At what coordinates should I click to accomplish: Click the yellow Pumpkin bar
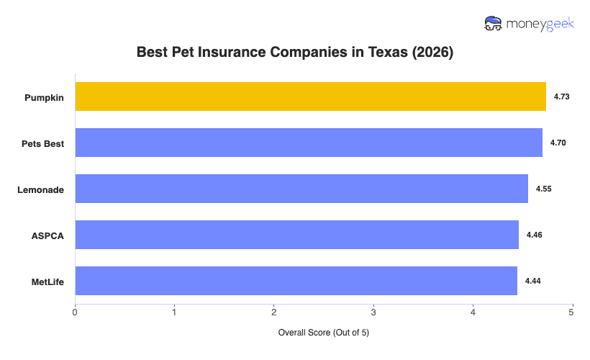click(310, 96)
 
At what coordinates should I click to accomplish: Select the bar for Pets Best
click(309, 143)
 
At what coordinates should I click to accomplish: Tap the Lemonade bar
click(301, 189)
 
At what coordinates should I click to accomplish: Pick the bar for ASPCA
click(296, 235)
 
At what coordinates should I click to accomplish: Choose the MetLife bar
click(296, 281)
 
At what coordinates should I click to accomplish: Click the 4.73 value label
click(562, 96)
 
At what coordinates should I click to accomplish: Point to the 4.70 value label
click(558, 143)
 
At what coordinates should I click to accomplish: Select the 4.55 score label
click(544, 189)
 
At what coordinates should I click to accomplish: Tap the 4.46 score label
click(535, 235)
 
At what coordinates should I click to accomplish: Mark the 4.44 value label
click(533, 281)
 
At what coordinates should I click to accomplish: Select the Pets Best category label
click(43, 143)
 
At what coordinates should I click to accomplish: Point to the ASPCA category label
click(47, 235)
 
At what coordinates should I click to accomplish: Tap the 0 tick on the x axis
click(75, 312)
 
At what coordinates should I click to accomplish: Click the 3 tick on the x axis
click(373, 312)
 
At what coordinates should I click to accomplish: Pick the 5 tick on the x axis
click(571, 312)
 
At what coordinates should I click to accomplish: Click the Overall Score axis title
click(323, 333)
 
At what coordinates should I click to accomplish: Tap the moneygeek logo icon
click(493, 23)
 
